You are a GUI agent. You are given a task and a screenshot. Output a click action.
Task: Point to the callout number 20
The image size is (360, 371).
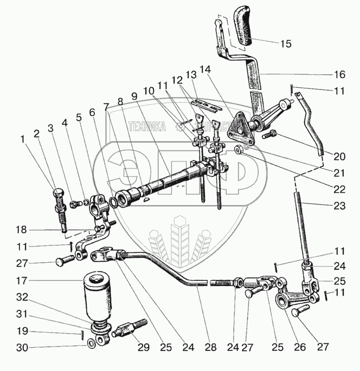[x=339, y=157]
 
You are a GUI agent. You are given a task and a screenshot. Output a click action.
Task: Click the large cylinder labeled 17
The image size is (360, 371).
[x=95, y=299]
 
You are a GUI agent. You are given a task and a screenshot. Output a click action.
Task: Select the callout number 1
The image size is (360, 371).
[x=22, y=139]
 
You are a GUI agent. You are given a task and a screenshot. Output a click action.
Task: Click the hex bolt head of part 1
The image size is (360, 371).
[x=59, y=193]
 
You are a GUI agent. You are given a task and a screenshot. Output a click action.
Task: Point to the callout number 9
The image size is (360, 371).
[x=134, y=93]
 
